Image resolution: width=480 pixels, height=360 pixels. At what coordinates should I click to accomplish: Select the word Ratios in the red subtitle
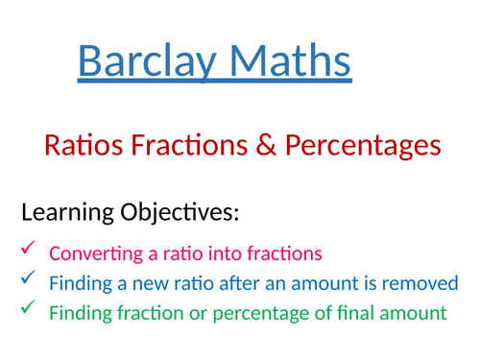point(82,146)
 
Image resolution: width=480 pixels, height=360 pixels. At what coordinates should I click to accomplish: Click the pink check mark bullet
point(26,252)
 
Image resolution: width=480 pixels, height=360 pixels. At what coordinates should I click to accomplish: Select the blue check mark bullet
point(26,281)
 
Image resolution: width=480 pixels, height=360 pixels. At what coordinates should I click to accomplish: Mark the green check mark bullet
point(26,309)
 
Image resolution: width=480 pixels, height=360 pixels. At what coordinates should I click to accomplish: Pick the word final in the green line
point(354,312)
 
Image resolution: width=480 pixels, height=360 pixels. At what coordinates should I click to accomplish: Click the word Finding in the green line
point(78,313)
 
